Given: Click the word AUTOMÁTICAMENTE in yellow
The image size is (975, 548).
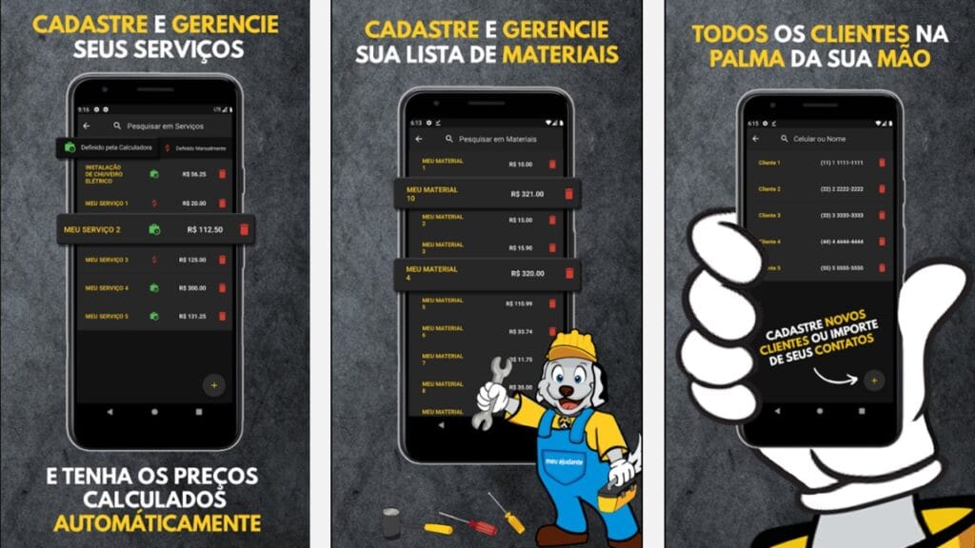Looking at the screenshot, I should tap(157, 523).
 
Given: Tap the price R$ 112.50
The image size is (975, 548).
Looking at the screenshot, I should tap(205, 229).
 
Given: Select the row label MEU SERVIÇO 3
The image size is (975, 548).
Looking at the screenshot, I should tap(107, 260).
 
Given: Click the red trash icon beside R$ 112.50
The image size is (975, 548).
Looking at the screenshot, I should tap(244, 229).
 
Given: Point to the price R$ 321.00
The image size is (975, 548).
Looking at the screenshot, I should tap(527, 193).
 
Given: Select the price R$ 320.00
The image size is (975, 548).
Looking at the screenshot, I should tap(527, 273).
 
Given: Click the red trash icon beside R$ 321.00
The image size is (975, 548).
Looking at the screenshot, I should tap(568, 193).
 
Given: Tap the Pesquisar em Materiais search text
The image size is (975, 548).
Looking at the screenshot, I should tap(498, 139).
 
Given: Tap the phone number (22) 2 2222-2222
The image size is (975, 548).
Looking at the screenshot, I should tap(841, 189).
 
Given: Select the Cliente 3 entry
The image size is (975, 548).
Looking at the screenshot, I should tap(769, 216).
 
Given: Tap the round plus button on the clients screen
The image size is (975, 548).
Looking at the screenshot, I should tap(873, 381).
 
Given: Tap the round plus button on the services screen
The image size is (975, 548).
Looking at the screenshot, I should tap(214, 385).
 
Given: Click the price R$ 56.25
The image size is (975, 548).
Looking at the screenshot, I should tap(194, 174).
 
